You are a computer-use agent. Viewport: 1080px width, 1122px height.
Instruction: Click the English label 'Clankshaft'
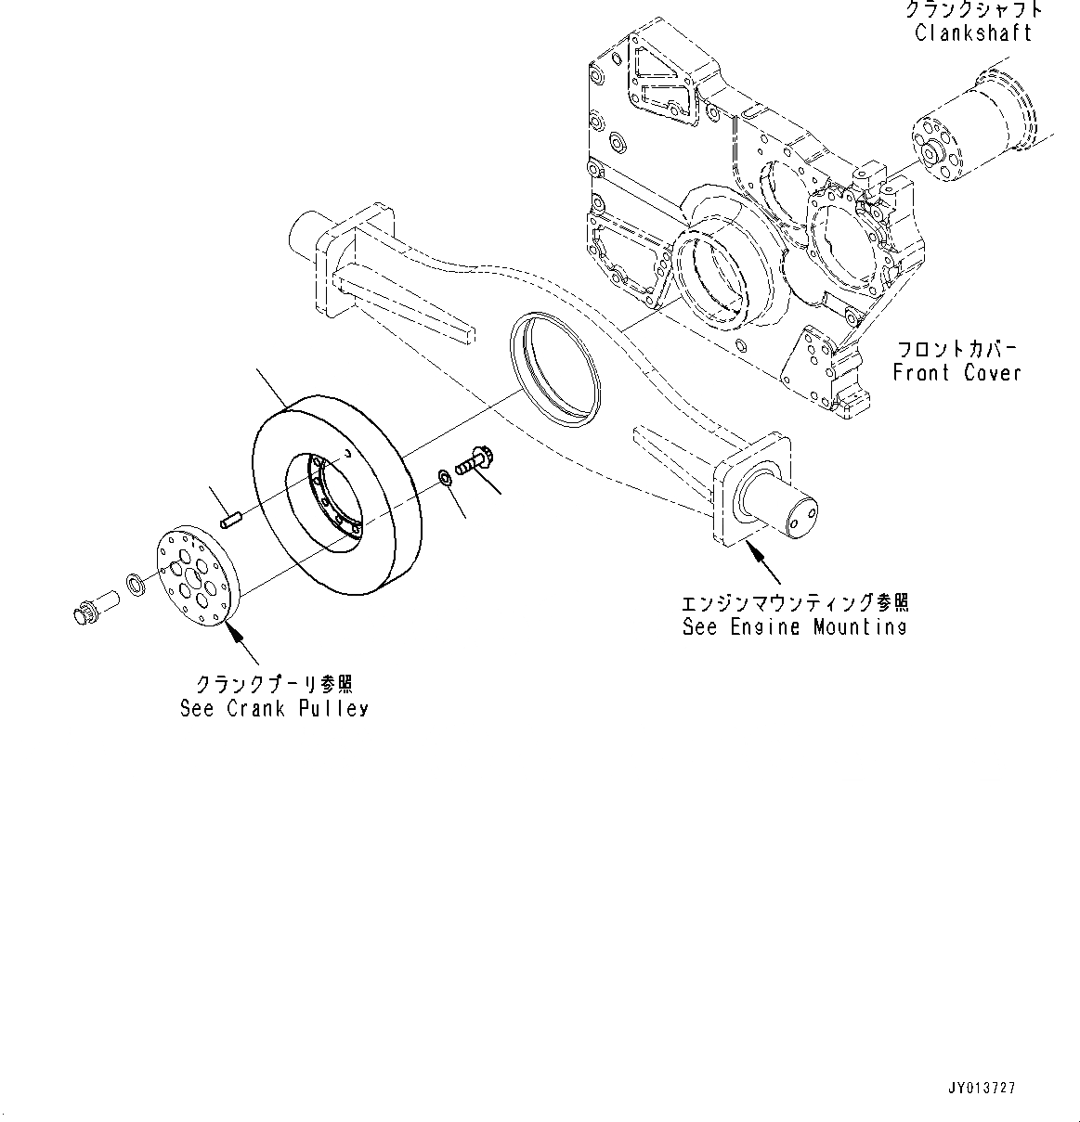pyautogui.click(x=972, y=33)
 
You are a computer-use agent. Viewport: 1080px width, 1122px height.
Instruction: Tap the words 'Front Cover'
pyautogui.click(x=956, y=373)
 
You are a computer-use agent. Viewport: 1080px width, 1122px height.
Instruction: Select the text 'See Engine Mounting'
pyautogui.click(x=794, y=627)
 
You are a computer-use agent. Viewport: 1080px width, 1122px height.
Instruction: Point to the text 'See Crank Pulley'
pyautogui.click(x=274, y=708)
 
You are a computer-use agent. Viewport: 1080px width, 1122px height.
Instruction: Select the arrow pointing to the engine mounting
pyautogui.click(x=762, y=561)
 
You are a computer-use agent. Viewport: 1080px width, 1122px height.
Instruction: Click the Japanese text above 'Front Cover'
pyautogui.click(x=956, y=349)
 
